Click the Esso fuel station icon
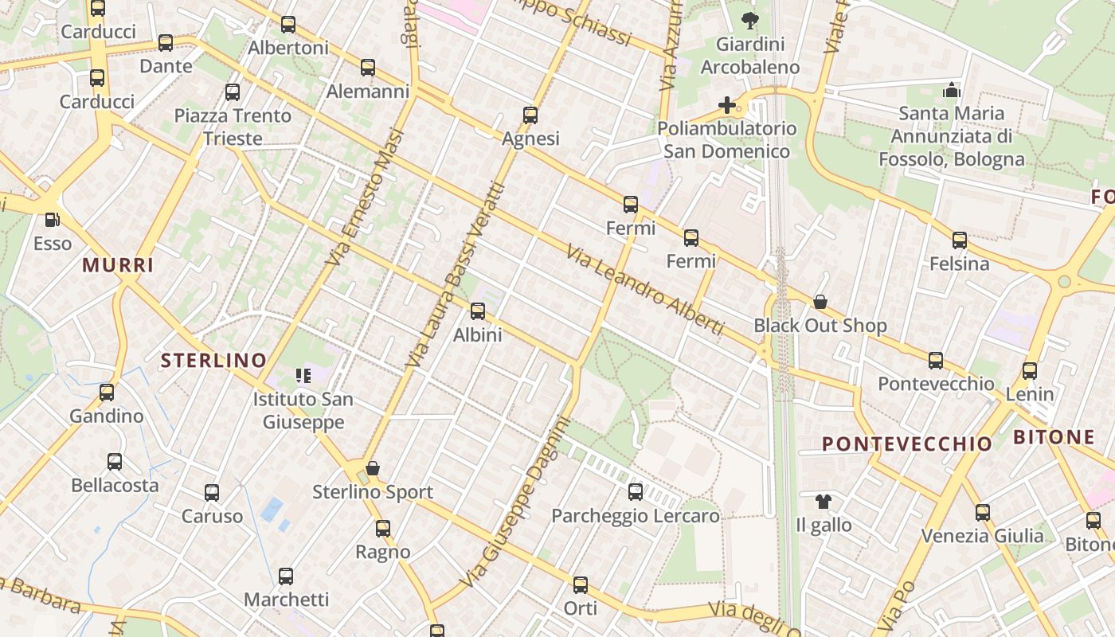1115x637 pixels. tap(52, 219)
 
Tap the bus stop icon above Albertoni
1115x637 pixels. tap(288, 25)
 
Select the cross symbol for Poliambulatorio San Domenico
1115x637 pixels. tap(726, 104)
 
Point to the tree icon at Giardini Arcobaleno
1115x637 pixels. tap(749, 21)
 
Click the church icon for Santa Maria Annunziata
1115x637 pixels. tap(952, 90)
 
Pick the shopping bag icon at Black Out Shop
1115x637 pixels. tap(820, 302)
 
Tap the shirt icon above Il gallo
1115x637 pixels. tap(824, 502)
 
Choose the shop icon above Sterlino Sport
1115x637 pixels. tap(372, 468)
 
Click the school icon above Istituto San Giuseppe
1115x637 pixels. tap(303, 375)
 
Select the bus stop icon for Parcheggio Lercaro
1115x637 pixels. tap(635, 492)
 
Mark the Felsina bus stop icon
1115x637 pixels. tap(960, 240)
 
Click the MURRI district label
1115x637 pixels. tap(118, 266)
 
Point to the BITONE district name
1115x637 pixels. tap(1054, 437)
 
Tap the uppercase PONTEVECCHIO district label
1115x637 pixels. tap(906, 444)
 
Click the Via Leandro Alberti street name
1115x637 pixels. tap(645, 290)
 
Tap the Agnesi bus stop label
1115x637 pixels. tap(530, 139)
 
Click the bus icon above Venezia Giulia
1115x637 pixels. tap(983, 512)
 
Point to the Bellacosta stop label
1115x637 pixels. tap(115, 485)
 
